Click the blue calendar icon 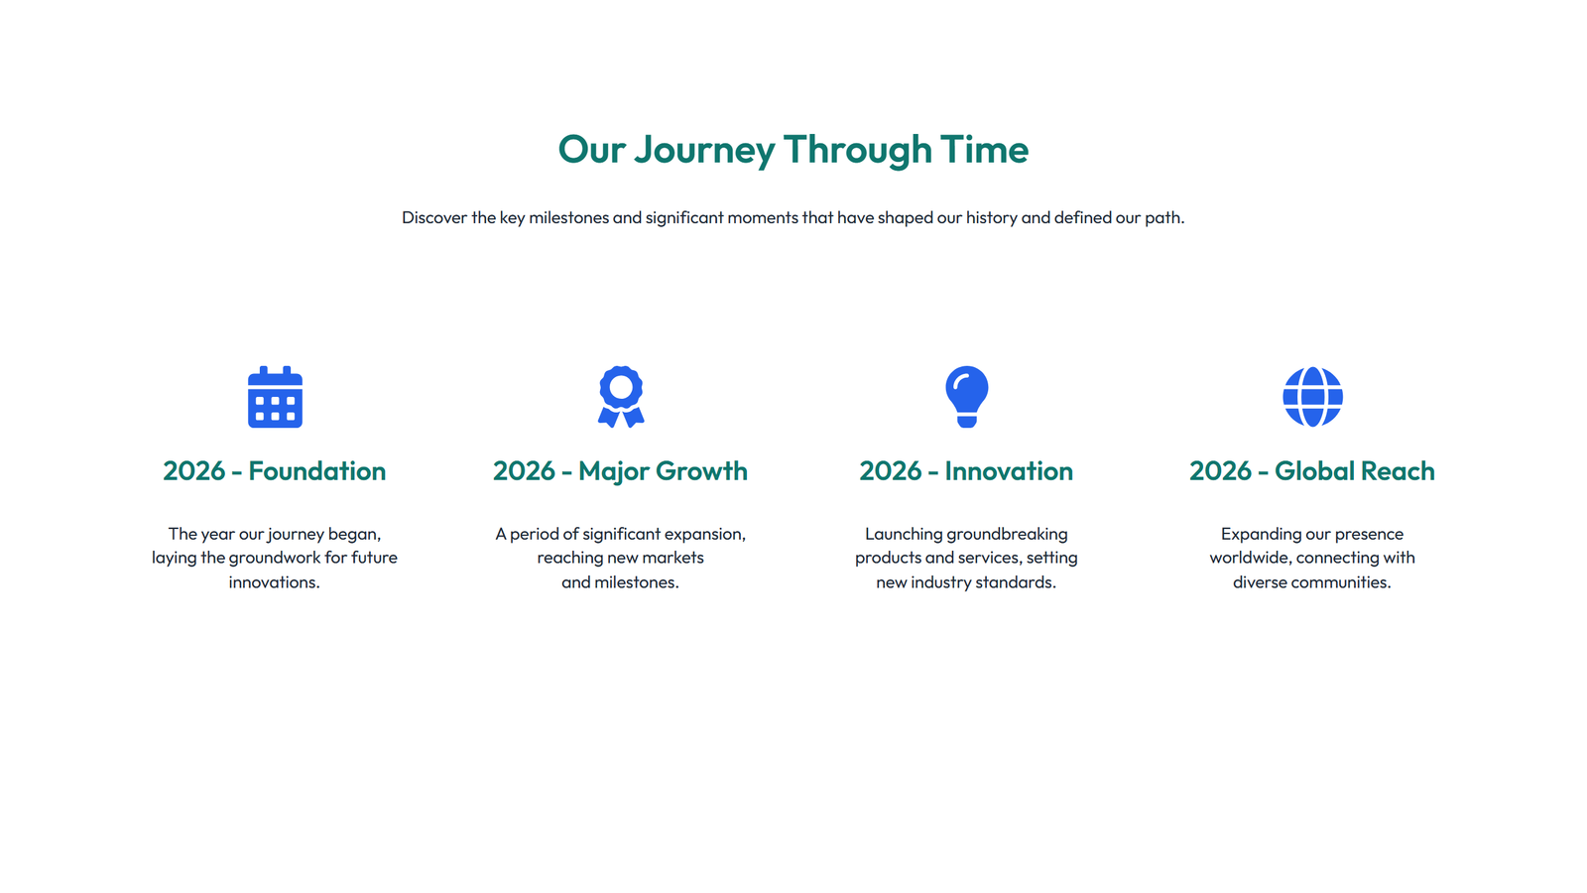coord(275,397)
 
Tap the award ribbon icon coord(621,396)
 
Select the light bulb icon coord(966,396)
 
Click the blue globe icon coord(1312,396)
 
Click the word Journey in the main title coord(704,151)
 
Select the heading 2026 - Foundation coord(274,471)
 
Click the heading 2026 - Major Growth coord(620,471)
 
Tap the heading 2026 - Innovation coord(966,471)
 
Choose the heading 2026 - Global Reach coord(1311,471)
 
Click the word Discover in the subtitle coord(434,217)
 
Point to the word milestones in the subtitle coord(568,217)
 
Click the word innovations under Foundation coord(273,582)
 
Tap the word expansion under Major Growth coord(703,534)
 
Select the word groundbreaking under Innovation coord(1006,534)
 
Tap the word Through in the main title coord(858,151)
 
